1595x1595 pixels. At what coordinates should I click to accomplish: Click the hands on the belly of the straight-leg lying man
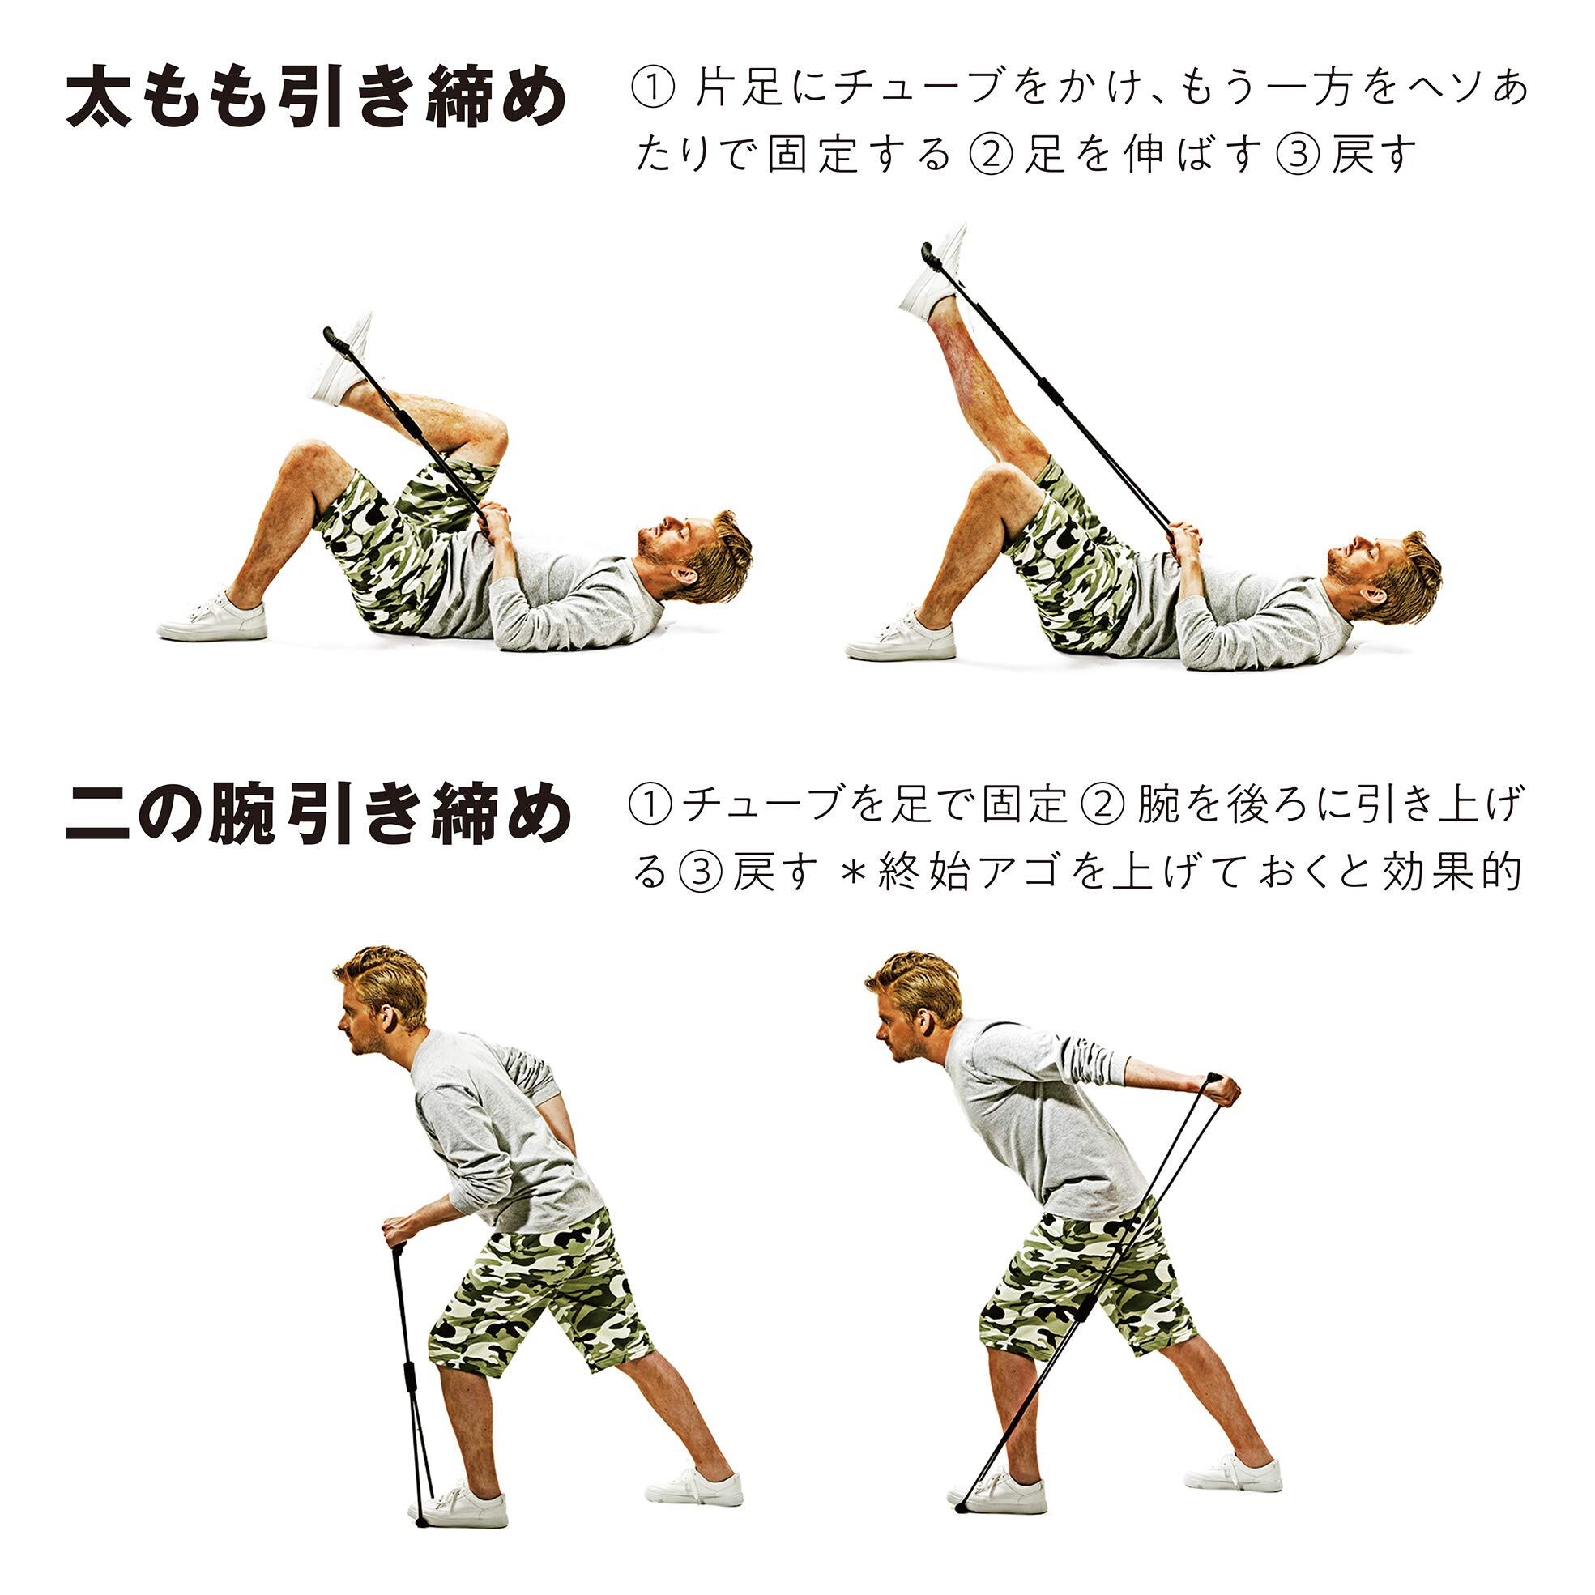(1188, 540)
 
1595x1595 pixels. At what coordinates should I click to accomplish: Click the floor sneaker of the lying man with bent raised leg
(212, 616)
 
